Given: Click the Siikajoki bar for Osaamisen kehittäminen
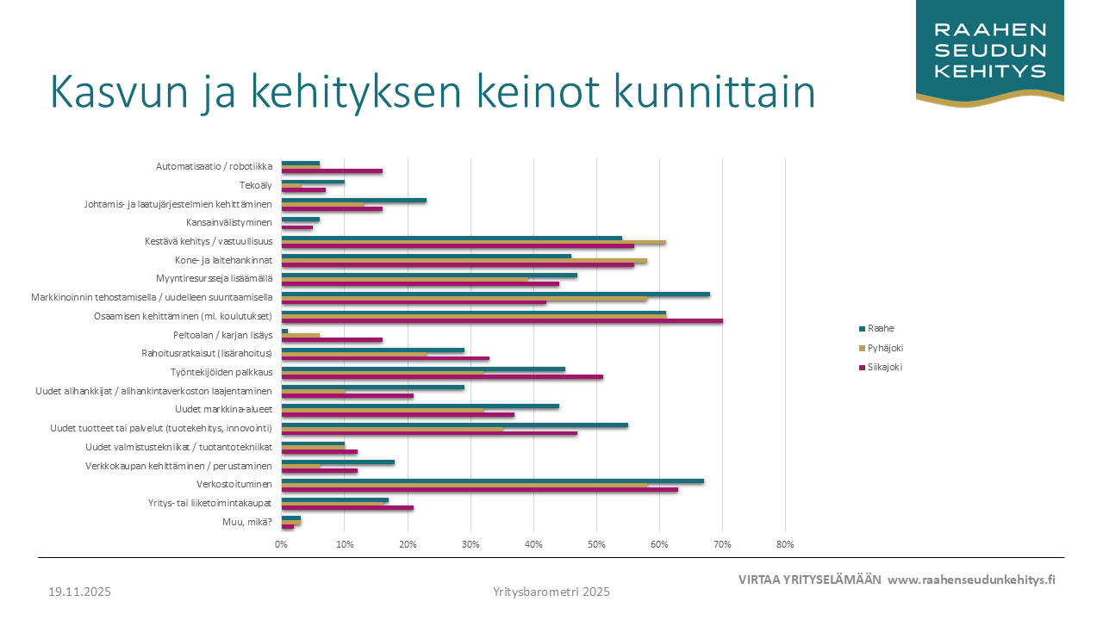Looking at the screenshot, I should click(x=502, y=321).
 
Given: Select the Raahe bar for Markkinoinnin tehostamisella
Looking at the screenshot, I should click(x=495, y=294).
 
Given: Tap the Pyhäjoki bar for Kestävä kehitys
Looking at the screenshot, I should click(x=473, y=242).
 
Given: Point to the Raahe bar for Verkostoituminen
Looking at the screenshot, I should click(x=492, y=481).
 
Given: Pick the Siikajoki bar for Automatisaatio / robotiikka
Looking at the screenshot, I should click(x=332, y=171).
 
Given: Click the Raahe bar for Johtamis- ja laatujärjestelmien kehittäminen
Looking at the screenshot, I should click(x=353, y=201).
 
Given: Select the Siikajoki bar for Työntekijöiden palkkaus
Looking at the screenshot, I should click(x=442, y=376).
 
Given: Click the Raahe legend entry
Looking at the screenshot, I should click(x=880, y=328).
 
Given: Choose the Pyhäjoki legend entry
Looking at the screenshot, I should click(x=885, y=348).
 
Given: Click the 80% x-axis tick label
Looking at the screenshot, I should click(x=785, y=544).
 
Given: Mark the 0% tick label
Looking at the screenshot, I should click(x=281, y=544).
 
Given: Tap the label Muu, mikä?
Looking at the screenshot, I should click(x=247, y=521).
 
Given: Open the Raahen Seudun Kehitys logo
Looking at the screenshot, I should click(x=990, y=52).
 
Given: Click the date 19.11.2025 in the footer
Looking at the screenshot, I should click(x=79, y=592).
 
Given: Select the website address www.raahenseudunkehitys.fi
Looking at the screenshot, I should click(x=971, y=580).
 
